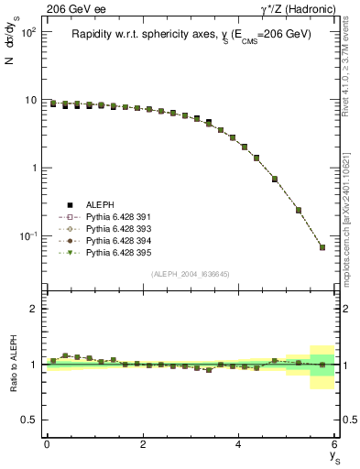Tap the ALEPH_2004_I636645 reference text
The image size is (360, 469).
click(191, 274)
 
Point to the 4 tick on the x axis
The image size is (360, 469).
click(239, 443)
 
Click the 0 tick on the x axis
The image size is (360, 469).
click(47, 443)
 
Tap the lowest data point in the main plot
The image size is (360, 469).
click(322, 247)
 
